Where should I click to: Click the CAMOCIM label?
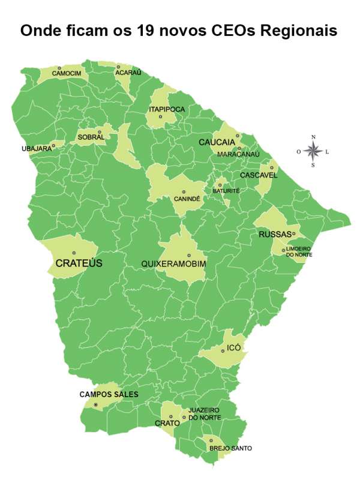pos(65,74)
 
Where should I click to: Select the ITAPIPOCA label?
pos(167,109)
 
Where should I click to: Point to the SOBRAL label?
pos(91,137)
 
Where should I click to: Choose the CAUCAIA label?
pos(217,142)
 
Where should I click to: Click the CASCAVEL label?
pos(259,175)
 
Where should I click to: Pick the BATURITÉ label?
pos(226,191)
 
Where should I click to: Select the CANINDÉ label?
pos(187,198)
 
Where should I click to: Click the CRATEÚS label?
pos(79,263)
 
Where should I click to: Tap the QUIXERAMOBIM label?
pos(174,264)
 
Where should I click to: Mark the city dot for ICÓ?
pos(223,351)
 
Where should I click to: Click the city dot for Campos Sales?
pos(95,405)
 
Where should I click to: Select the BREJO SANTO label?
pos(230,448)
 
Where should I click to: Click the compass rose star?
pos(313,151)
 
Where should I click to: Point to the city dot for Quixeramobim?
pos(188,255)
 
